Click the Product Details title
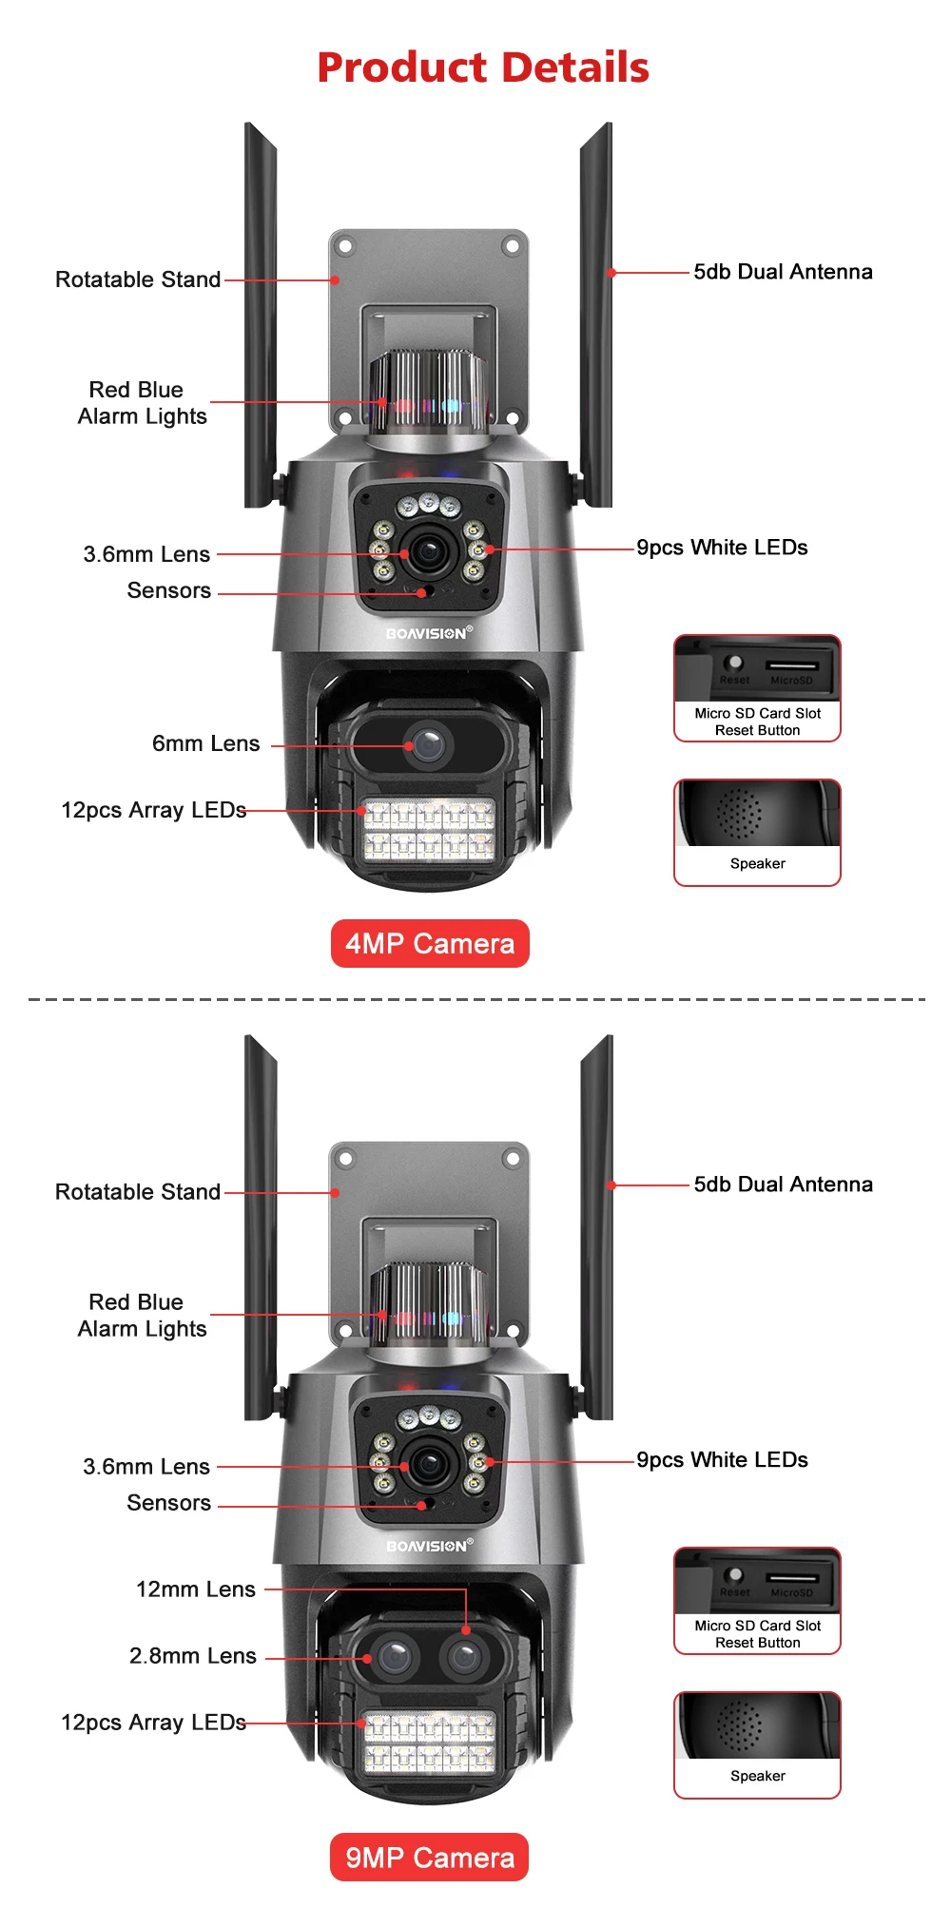[x=482, y=67]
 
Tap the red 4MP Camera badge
[x=430, y=943]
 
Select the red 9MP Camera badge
[x=430, y=1857]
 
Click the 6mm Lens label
[x=205, y=743]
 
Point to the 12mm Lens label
[x=195, y=1589]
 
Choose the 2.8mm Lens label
[x=192, y=1655]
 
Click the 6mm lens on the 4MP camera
[x=428, y=744]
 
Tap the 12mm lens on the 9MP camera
[x=465, y=1657]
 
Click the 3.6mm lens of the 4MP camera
[x=430, y=552]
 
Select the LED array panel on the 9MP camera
[x=430, y=1743]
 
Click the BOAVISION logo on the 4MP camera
[x=428, y=633]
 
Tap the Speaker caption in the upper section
[x=757, y=863]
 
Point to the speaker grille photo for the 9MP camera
[x=740, y=1725]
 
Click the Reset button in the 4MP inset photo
[x=733, y=663]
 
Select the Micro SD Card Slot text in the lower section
[x=757, y=1626]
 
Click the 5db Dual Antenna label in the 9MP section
[x=783, y=1184]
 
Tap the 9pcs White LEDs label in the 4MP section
[x=722, y=548]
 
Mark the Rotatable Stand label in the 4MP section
[x=138, y=279]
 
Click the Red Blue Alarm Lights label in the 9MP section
[x=142, y=1315]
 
